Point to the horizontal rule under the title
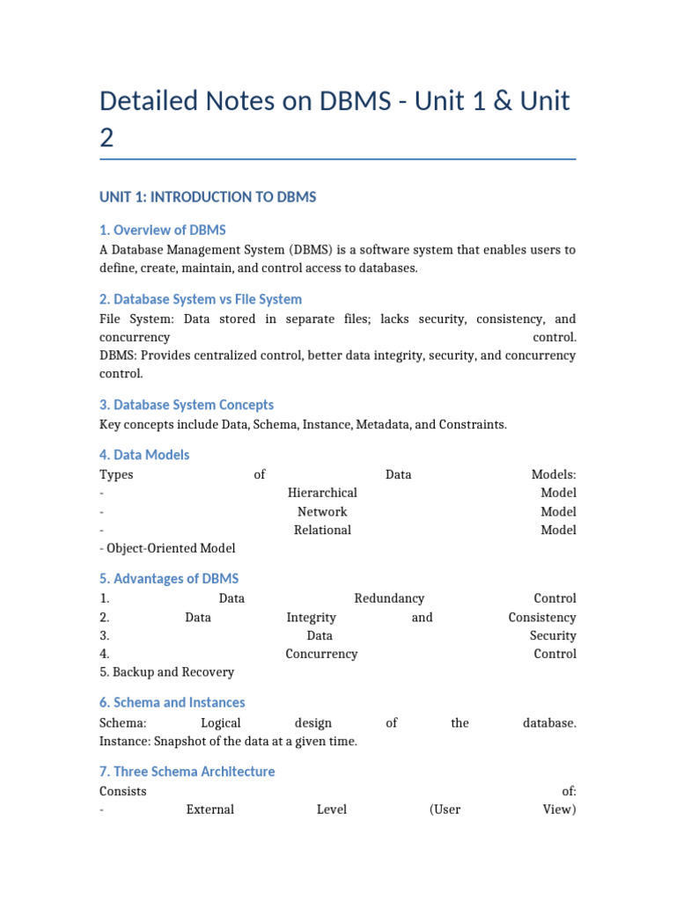[338, 159]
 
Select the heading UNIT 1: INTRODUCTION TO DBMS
[208, 197]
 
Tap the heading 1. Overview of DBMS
[163, 231]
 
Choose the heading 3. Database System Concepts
[187, 405]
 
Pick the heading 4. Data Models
[144, 455]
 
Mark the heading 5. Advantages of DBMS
[169, 579]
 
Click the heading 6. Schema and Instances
[173, 703]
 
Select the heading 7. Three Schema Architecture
[187, 772]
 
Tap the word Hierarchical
[322, 493]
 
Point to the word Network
[322, 511]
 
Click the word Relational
[322, 530]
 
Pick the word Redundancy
[389, 598]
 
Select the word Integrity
[311, 618]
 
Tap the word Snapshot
[183, 741]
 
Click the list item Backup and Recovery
[167, 672]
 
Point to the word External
[210, 809]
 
